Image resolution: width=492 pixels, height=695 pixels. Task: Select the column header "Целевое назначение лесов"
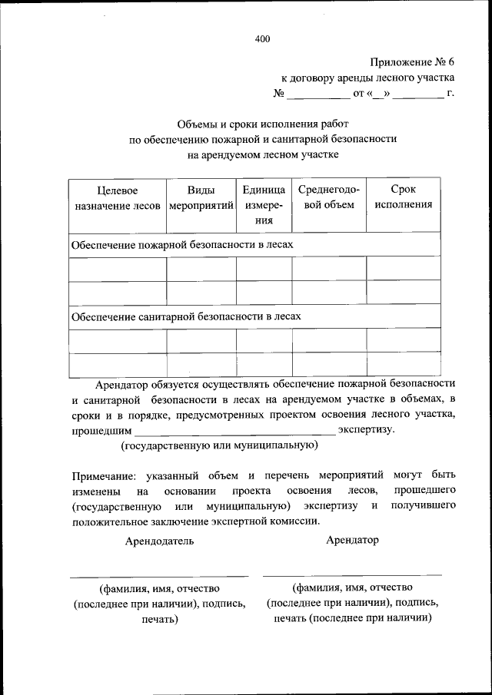[117, 197]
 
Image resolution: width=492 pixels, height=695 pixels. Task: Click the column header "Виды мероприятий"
[201, 197]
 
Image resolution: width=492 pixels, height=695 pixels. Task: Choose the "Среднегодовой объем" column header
[328, 197]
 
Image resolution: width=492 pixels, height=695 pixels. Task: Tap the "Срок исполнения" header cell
[403, 197]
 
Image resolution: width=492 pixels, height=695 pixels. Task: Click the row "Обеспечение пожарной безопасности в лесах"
[182, 244]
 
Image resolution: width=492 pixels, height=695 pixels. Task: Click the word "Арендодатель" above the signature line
[160, 541]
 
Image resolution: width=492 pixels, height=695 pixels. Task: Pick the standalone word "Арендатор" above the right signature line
[352, 540]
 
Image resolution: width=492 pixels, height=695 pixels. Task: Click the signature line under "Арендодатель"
[159, 575]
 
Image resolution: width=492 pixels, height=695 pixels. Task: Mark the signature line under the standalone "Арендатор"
[352, 574]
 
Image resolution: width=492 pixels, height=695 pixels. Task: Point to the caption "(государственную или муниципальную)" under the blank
[218, 445]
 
